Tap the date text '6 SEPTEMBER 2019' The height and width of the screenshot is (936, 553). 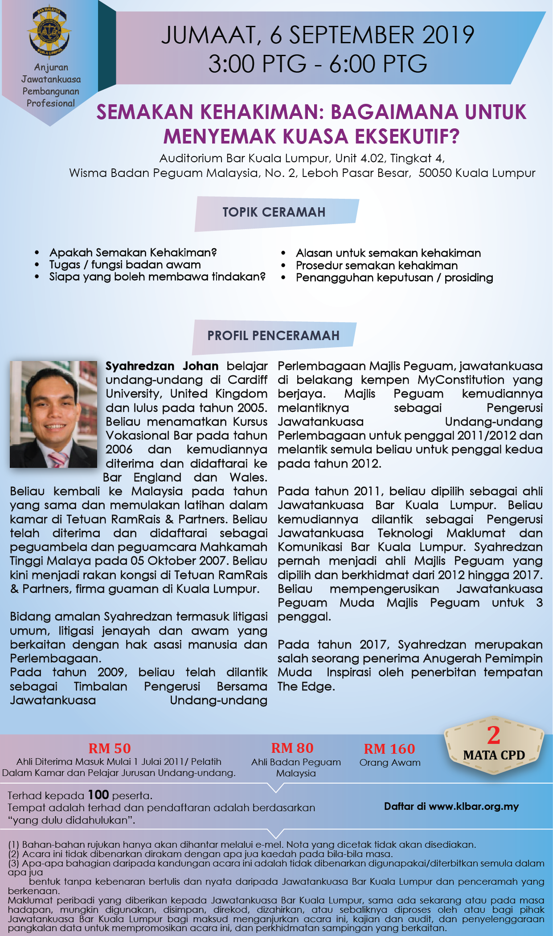click(372, 35)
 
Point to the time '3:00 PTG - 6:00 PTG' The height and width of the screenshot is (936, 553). click(317, 64)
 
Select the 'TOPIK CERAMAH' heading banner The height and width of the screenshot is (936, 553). click(274, 212)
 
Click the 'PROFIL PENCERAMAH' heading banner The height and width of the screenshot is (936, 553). click(273, 336)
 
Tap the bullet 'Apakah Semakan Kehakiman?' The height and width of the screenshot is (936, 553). click(133, 253)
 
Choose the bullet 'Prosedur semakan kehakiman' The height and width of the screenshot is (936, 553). click(377, 266)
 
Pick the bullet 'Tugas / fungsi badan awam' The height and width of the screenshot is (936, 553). click(125, 265)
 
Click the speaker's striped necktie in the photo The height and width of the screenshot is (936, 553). click(58, 460)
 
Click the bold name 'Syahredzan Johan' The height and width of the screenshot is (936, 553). click(162, 366)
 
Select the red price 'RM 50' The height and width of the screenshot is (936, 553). click(110, 748)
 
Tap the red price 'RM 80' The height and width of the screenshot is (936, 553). click(292, 748)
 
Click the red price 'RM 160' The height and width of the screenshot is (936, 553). click(389, 749)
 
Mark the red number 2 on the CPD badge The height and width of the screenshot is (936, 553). click(493, 735)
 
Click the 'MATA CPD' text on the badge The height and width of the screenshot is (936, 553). click(494, 755)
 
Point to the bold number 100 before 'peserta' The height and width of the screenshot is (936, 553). click(98, 795)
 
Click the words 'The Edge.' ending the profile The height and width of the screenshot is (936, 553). click(306, 686)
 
